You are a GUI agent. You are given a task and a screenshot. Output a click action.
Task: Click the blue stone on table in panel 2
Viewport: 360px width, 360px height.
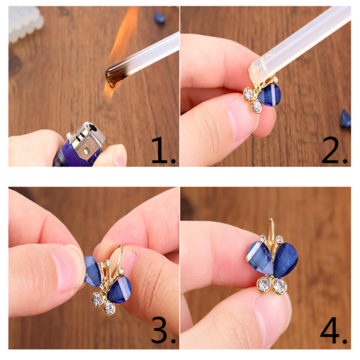[345, 119]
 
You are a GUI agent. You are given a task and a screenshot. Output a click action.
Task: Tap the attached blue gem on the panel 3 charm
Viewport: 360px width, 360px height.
[119, 290]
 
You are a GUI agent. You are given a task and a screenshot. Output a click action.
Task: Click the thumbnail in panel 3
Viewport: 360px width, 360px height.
[66, 269]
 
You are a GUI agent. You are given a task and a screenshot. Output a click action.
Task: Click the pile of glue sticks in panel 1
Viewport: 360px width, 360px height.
[25, 23]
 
